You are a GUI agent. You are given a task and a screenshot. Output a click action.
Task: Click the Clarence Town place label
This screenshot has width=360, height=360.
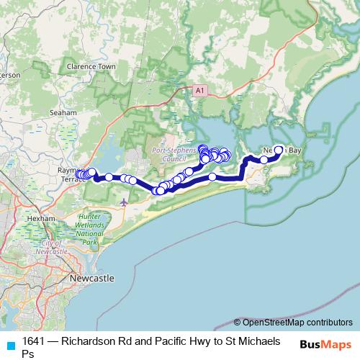91,66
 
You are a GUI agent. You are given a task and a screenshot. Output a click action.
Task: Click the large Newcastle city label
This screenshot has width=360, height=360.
91,277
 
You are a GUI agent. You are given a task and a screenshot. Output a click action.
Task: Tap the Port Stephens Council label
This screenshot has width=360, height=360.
169,154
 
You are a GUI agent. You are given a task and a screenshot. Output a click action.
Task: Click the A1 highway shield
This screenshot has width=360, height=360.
200,91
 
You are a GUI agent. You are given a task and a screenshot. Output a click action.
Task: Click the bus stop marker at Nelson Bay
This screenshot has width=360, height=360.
279,150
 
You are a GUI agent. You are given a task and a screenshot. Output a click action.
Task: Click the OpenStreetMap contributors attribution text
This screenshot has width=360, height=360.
297,323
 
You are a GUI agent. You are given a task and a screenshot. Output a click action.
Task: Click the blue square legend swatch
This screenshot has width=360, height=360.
10,344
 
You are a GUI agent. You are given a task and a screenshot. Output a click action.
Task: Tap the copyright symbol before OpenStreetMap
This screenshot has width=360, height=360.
238,323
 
